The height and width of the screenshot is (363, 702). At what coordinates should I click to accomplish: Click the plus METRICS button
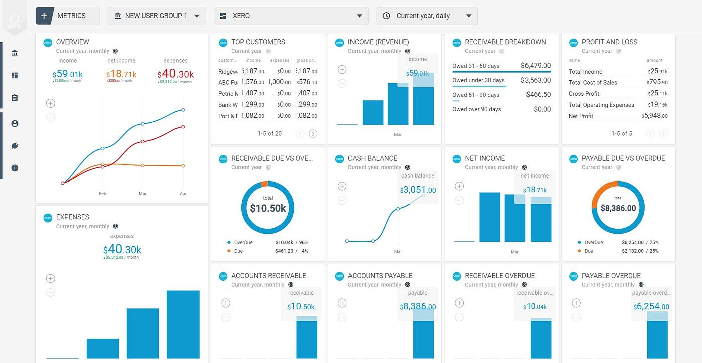click(67, 16)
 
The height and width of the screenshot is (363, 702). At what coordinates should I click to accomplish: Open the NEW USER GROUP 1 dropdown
click(156, 16)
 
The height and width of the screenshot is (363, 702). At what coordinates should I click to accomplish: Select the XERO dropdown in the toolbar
click(291, 16)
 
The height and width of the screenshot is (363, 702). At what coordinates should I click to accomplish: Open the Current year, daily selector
click(427, 16)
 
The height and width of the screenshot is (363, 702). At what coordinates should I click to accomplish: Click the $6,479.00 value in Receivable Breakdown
click(536, 65)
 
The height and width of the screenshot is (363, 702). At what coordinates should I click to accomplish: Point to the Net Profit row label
click(581, 116)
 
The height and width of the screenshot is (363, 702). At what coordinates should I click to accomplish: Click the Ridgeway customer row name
click(228, 71)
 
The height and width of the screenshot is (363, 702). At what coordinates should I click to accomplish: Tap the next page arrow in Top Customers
click(313, 133)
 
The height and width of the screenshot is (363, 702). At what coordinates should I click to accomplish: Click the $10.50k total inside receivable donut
click(268, 208)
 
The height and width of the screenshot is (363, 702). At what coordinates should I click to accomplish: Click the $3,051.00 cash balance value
click(418, 190)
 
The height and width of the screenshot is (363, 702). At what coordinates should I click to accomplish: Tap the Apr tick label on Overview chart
click(183, 194)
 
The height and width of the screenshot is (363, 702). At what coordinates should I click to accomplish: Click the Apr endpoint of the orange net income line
click(183, 166)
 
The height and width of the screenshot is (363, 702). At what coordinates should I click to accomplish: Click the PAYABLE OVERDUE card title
click(611, 276)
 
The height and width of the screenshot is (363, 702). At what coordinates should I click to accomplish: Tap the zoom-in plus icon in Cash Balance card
click(342, 186)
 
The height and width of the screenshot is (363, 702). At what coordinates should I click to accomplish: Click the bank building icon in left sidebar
click(14, 53)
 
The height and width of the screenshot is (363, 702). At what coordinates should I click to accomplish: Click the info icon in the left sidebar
click(14, 168)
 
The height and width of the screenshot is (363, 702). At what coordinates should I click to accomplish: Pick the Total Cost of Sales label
click(593, 83)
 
